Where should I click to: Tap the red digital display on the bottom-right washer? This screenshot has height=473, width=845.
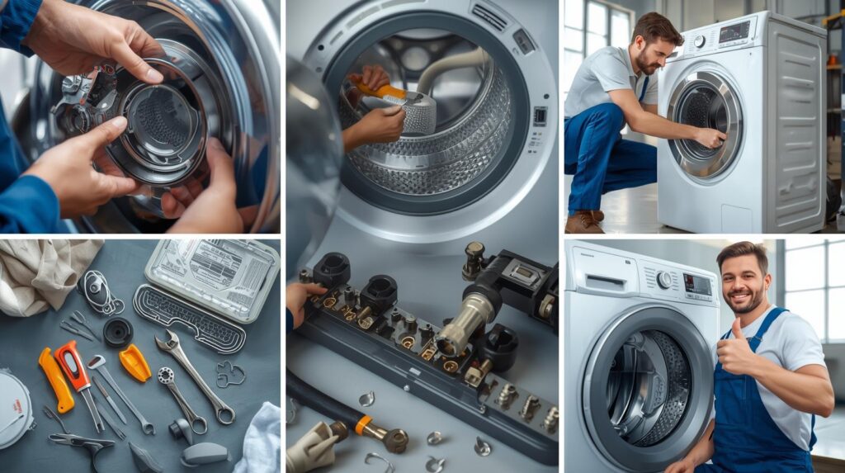point(697,285)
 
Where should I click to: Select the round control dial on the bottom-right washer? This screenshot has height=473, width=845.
point(663,279)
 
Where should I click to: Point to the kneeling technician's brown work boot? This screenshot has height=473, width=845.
point(584,221)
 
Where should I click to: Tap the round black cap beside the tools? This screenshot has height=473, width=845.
point(118,331)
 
